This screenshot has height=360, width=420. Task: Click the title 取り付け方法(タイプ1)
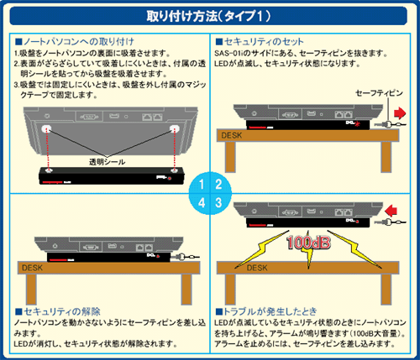pos(208,16)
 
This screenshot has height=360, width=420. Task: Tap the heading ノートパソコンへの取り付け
pos(75,42)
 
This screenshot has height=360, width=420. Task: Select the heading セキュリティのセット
pos(260,42)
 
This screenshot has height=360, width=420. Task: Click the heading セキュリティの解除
pos(58,311)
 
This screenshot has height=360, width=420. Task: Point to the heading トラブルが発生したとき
pos(266,311)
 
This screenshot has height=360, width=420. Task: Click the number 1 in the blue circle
pos(202,185)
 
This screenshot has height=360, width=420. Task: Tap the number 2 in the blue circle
pos(218,185)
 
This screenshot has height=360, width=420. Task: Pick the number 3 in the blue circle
pos(218,202)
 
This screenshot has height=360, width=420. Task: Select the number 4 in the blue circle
pos(202,202)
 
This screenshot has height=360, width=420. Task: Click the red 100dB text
pos(308,243)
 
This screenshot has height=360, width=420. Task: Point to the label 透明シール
pos(107,162)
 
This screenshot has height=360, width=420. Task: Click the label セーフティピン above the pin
pos(379,93)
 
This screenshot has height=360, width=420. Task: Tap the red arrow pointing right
pos(400,113)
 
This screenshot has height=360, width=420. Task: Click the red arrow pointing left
pos(391,211)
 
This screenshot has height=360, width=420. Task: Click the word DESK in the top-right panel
pos(231,136)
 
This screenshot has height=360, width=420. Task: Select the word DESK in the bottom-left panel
pos(33,268)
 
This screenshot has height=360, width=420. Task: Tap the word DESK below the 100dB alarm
pos(257,268)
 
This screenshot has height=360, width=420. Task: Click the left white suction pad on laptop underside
pos(46,128)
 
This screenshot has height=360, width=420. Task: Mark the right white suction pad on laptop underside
pos(175,128)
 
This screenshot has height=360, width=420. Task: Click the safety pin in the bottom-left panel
pos(185,257)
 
